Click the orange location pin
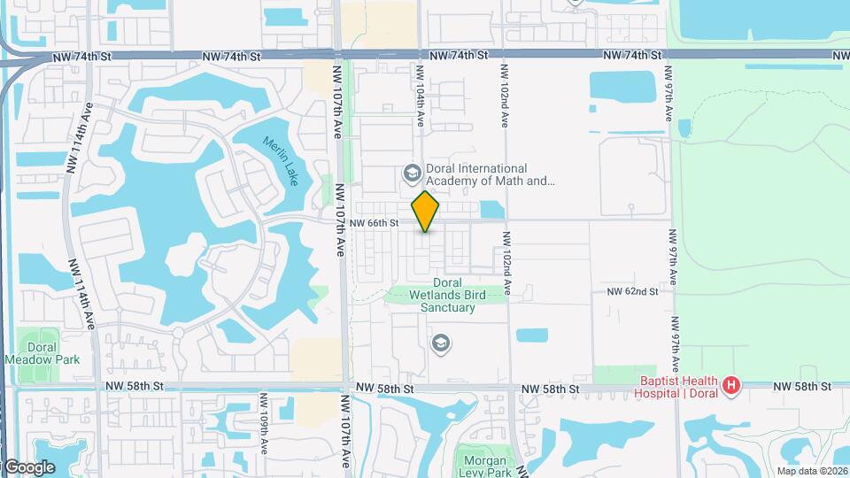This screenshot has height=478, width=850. pos(426,212)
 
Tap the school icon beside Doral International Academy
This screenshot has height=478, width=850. pos(411,172)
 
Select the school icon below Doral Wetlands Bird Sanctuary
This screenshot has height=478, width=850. pos(440,342)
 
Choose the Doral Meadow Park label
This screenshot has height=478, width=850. pos(42,353)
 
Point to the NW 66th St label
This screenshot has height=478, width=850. pos(375,224)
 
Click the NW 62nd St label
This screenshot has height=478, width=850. pos(632,291)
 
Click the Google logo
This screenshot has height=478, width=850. pos(29,466)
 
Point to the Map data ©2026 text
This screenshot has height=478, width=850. pos(811,471)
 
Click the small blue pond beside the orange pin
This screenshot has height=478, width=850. pos(491,210)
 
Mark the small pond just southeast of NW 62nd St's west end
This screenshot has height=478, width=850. pos(531,335)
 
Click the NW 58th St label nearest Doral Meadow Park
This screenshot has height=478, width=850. pos(135,387)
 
